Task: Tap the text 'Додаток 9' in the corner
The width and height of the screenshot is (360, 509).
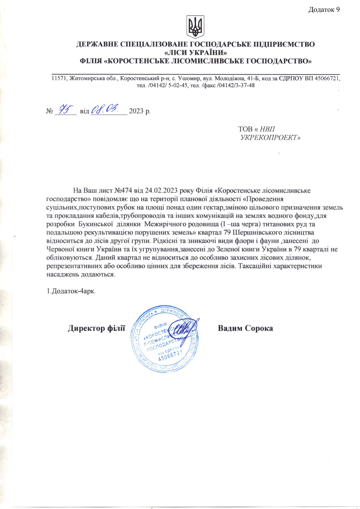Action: point(324,10)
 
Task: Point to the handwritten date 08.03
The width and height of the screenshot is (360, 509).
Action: point(106,108)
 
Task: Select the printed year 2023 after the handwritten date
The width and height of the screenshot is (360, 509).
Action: point(136,111)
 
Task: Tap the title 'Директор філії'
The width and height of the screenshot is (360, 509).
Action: point(97,328)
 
